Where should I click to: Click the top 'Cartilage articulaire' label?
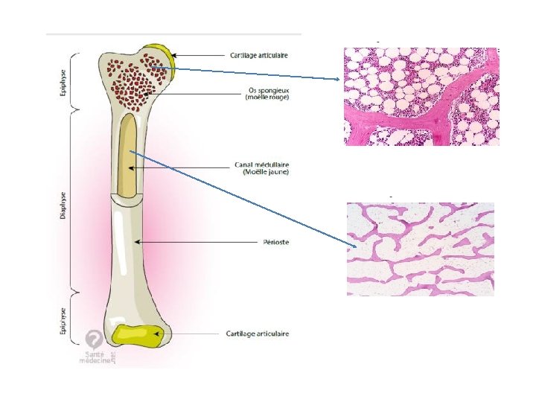click(x=258, y=55)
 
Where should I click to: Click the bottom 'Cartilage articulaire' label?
click(x=258, y=334)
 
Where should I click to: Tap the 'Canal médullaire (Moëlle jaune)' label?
click(x=266, y=168)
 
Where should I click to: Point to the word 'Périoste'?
click(x=275, y=241)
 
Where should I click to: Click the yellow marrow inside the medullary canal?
click(x=129, y=156)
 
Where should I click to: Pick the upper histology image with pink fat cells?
click(x=421, y=96)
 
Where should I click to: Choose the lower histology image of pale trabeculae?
click(x=420, y=249)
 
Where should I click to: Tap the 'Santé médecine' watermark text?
click(x=97, y=357)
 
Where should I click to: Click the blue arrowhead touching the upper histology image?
click(x=339, y=79)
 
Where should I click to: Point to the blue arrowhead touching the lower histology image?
click(x=355, y=247)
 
